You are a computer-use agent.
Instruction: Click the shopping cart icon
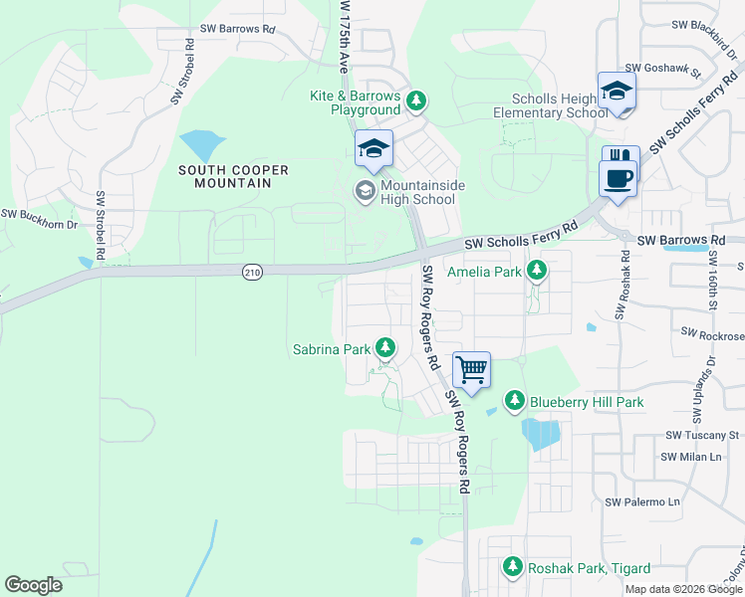coord(471,369)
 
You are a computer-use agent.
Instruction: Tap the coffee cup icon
coord(618,179)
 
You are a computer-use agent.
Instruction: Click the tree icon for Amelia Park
coord(537,271)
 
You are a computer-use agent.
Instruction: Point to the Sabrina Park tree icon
coord(385,349)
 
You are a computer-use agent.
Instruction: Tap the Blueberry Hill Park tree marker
coord(515,402)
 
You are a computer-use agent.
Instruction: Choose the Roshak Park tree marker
coord(513,568)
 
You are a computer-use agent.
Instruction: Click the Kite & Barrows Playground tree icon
coord(416,101)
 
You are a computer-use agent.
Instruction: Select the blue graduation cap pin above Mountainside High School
coord(373,149)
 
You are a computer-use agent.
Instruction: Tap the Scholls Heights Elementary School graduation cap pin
coord(617,91)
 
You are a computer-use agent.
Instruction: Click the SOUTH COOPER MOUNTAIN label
coord(233,176)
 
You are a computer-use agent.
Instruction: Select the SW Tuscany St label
coord(703,435)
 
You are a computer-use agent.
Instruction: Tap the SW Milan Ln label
coord(690,457)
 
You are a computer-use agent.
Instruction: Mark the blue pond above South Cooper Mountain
coord(203,146)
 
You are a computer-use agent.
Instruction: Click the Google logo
coord(33,585)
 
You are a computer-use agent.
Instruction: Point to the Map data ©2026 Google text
coord(682,589)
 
